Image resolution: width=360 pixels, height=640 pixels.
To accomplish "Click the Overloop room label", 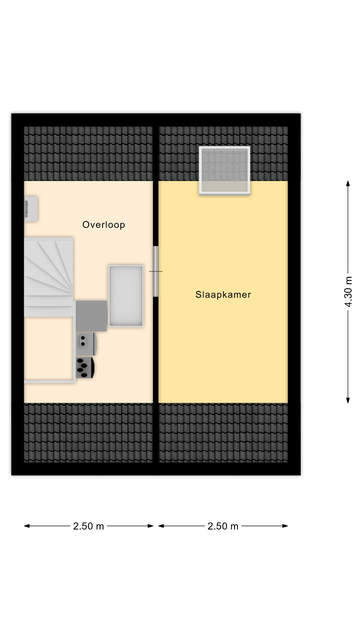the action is coord(104,225).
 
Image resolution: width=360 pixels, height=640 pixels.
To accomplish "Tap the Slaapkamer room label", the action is coord(223,295).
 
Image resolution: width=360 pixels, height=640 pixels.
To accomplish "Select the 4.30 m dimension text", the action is coord(348,292).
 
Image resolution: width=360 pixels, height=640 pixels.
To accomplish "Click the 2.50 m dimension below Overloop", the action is coord(89,526).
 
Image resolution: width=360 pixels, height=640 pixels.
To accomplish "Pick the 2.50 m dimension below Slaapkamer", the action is coord(223,526).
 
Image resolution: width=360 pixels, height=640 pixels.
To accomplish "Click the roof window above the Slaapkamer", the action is coord(225,170).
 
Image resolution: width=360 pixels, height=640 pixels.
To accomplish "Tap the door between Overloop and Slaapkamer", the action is coord(156,271).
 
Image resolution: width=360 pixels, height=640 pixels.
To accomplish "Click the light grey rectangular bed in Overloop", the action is coord(126,296).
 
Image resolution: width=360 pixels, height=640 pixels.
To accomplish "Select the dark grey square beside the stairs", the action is coord(91,316).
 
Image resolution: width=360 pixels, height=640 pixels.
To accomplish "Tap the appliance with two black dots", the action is coord(86,344).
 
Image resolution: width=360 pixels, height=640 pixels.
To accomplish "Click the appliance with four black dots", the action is coord(85,368).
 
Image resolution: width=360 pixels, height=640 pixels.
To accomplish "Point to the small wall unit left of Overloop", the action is coord(31,209).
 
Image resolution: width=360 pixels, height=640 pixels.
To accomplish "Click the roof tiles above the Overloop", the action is coord(88,154).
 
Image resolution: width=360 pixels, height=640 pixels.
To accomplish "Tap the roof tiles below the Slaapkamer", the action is coord(223,433).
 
